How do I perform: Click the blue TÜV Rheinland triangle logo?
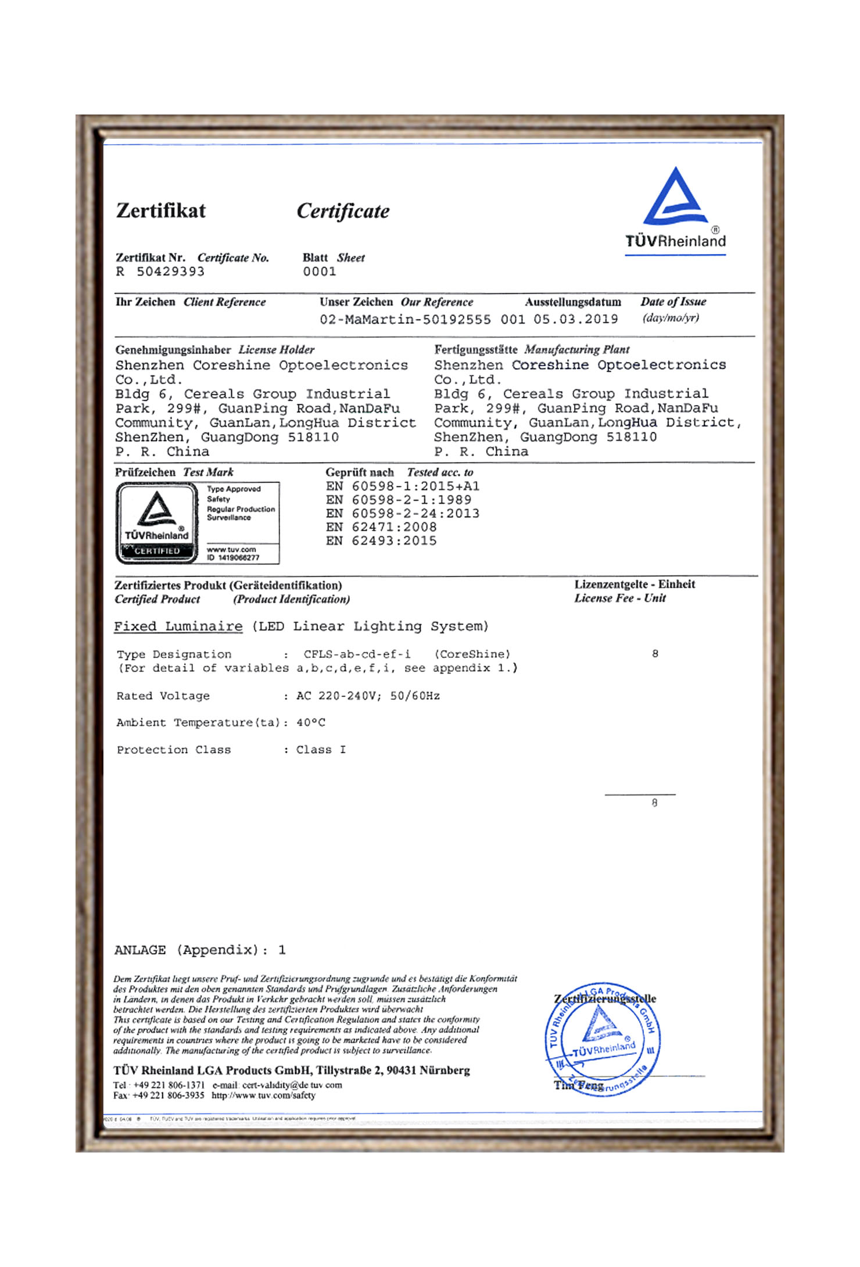675,198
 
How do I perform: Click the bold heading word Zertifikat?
161,210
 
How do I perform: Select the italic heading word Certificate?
343,211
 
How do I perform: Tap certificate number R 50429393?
160,271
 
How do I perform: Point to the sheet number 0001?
320,271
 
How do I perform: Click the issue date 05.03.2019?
576,319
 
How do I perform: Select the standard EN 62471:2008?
381,527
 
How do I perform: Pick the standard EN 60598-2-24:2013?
403,513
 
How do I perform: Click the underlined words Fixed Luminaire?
178,627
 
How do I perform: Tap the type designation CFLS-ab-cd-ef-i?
357,654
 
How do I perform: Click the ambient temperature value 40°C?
311,722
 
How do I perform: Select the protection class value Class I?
321,750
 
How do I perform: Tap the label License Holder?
277,350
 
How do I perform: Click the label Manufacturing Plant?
576,349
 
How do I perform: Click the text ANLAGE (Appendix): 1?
200,950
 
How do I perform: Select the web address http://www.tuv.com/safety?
263,1096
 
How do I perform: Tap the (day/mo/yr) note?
671,318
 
